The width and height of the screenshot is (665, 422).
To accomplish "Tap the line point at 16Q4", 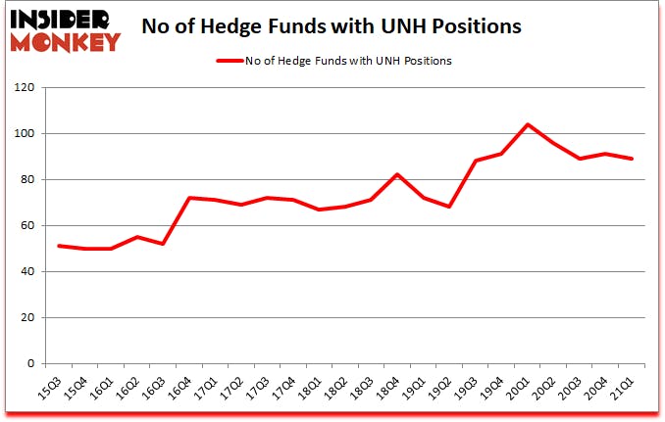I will [189, 198].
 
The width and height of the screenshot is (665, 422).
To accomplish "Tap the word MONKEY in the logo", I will [67, 41].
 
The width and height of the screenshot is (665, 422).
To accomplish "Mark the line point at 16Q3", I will [164, 244].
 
